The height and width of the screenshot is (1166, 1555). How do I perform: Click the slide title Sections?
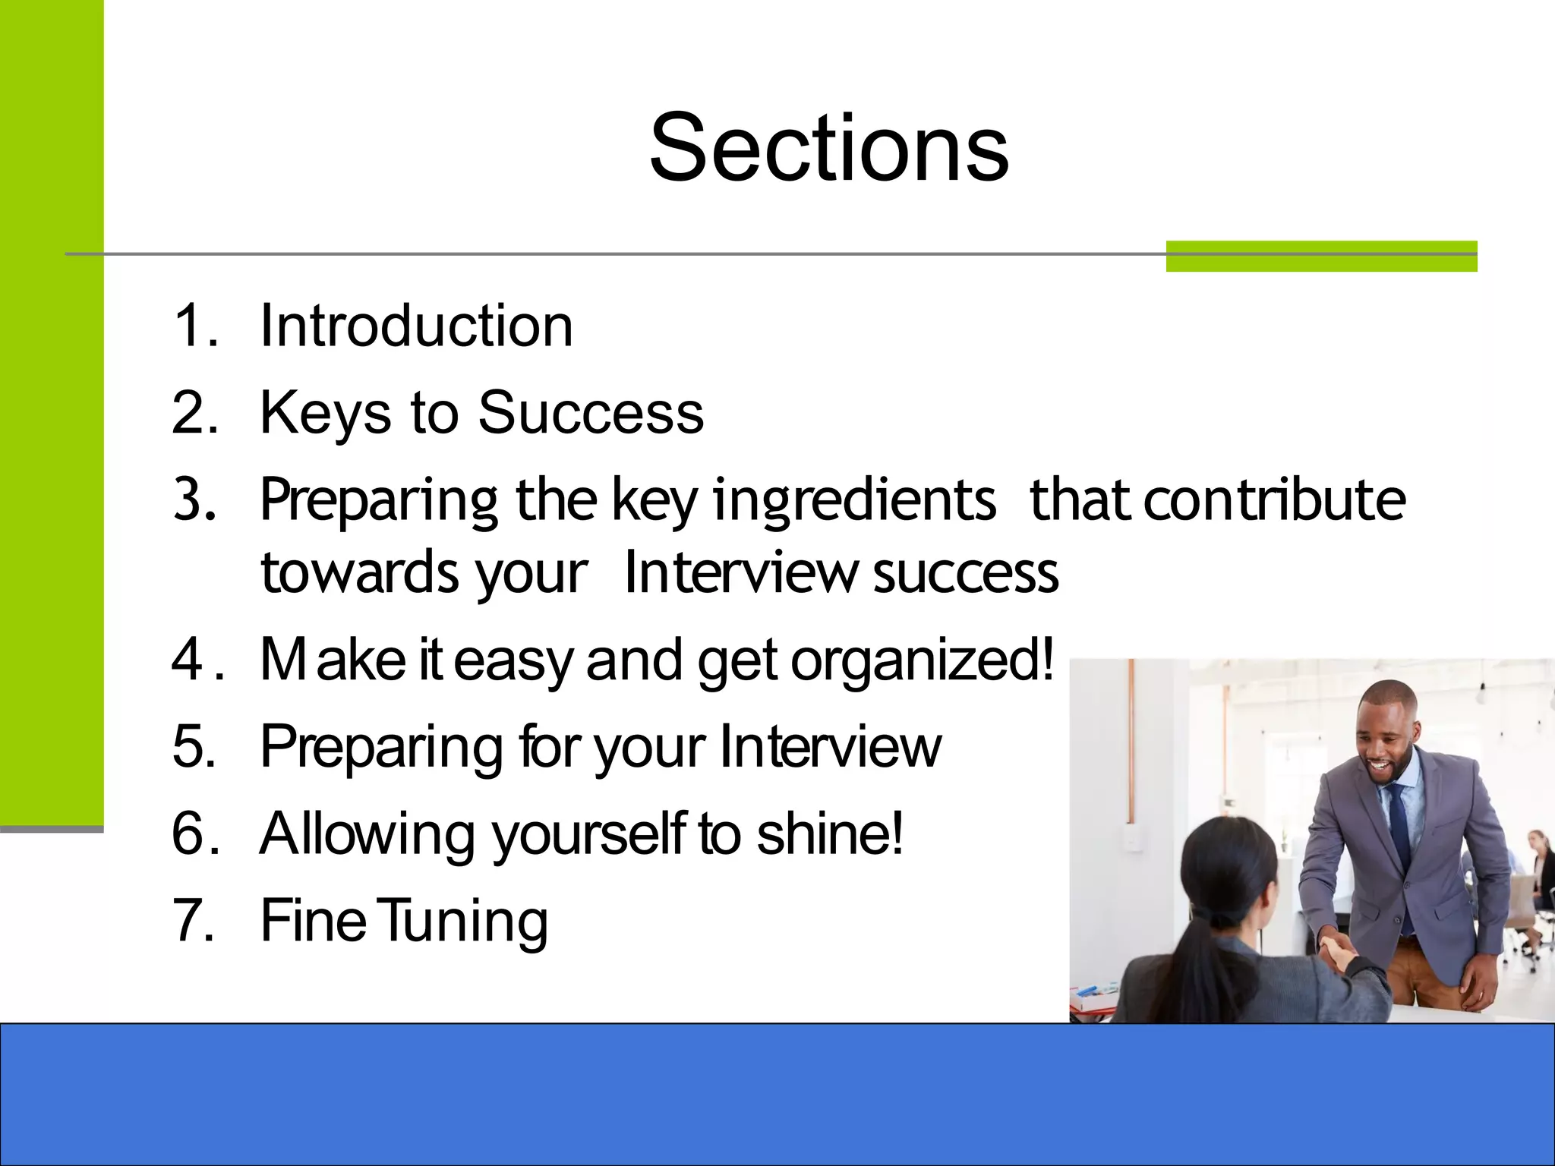[828, 147]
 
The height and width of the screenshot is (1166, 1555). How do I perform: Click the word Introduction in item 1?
[416, 326]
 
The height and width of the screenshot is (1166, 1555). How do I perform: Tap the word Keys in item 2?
[325, 413]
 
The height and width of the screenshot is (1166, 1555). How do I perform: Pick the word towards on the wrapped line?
[359, 572]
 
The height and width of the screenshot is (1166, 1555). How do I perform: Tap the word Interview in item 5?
[830, 747]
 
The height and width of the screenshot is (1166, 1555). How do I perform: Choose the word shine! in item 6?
[830, 834]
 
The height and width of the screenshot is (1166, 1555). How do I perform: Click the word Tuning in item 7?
[462, 921]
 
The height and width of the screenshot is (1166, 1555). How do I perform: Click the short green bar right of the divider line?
[1321, 256]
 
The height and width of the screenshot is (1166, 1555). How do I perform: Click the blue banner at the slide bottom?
[777, 1094]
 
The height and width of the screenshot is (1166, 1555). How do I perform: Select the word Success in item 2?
[591, 413]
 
